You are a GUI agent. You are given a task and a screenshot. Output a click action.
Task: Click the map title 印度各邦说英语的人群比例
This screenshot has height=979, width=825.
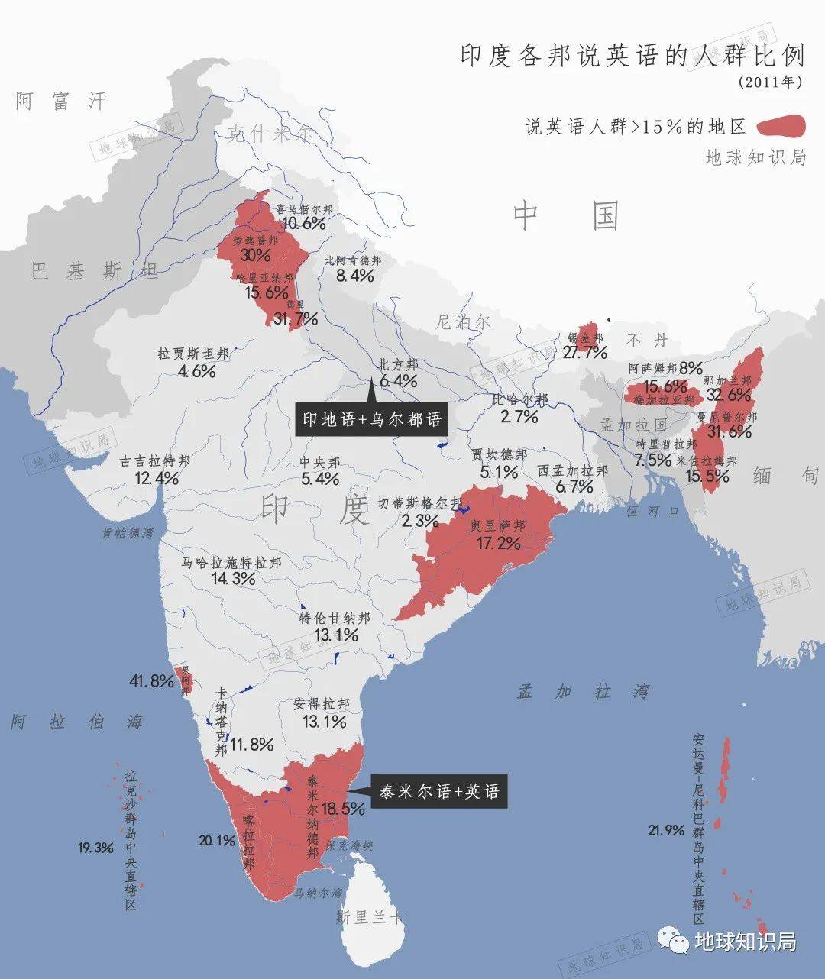632,57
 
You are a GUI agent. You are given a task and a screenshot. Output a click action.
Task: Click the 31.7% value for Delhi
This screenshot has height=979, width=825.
295,319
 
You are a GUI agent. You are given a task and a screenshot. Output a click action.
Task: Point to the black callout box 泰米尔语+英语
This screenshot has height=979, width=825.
438,792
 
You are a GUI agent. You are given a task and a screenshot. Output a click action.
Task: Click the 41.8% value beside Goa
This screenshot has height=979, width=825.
151,681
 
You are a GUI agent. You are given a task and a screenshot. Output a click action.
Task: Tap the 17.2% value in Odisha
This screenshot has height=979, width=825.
498,543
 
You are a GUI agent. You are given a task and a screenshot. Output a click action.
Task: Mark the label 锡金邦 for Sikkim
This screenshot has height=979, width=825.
585,338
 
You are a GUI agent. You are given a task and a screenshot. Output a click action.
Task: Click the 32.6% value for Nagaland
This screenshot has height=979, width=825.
729,395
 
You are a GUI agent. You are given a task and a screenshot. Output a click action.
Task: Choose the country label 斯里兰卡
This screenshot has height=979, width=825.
370,917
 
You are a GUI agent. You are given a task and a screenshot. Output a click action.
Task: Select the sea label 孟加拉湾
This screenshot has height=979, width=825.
583,692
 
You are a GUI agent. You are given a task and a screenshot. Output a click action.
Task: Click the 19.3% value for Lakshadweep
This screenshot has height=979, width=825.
95,848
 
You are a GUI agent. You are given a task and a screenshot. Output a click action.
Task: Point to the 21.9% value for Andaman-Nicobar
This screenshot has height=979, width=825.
665,830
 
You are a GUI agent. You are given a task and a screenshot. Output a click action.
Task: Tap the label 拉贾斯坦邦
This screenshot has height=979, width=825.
193,354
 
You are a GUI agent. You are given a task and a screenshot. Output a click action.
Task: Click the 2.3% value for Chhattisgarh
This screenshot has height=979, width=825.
420,521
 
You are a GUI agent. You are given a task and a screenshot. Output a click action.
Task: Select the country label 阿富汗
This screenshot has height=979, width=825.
61,101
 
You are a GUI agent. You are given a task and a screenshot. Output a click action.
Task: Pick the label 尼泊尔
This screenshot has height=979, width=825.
463,321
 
